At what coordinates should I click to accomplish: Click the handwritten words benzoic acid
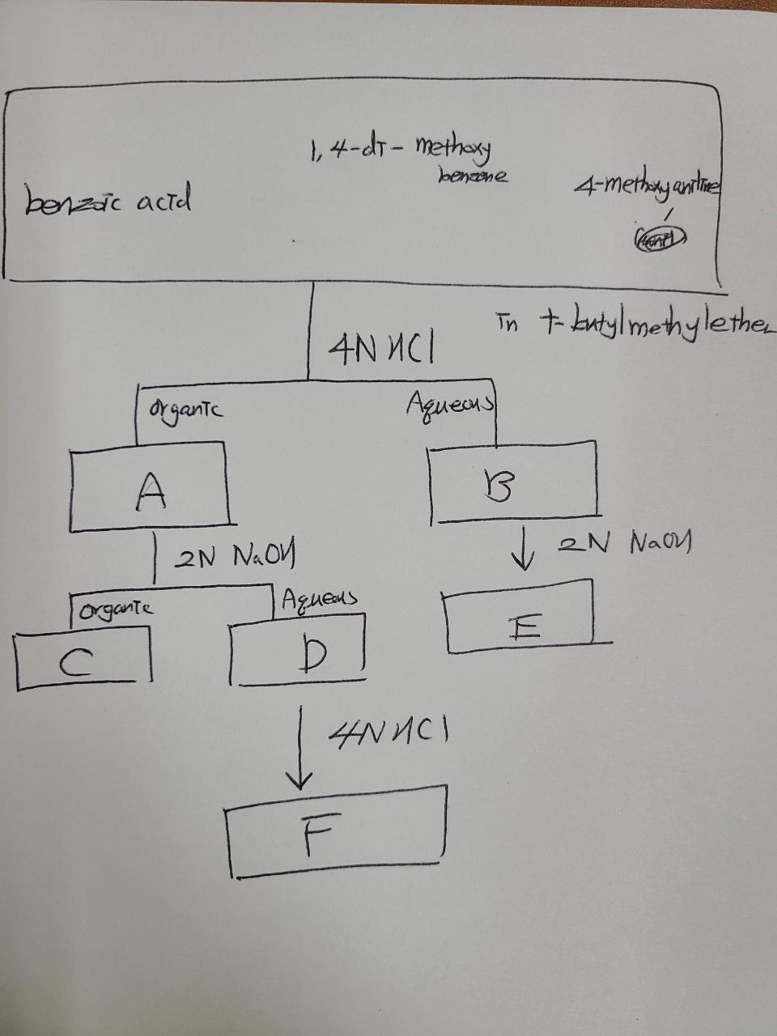[x=108, y=200]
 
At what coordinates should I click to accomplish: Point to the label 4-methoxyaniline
[x=647, y=188]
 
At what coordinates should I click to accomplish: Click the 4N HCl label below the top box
[x=380, y=350]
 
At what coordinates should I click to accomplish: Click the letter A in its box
[x=151, y=490]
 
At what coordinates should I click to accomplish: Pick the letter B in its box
[x=499, y=486]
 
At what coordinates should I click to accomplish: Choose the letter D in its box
[x=312, y=656]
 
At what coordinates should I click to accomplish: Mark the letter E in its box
[x=524, y=627]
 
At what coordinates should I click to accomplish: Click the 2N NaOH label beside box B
[x=625, y=543]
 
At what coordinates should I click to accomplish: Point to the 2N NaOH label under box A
[x=235, y=557]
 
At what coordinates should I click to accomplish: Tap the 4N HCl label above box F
[x=388, y=734]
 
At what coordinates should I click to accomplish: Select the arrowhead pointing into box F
[x=299, y=779]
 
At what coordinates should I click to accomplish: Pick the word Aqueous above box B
[x=450, y=402]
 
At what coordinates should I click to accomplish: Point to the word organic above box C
[x=116, y=609]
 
